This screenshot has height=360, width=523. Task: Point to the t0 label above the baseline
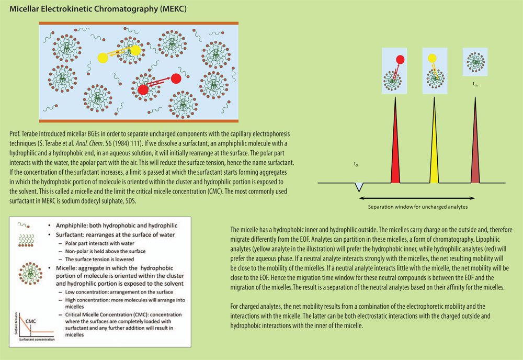[x=356, y=165]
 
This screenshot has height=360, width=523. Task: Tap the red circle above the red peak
[x=401, y=59]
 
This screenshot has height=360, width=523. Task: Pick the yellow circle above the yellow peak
[x=431, y=58]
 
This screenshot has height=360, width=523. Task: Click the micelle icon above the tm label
[x=475, y=62]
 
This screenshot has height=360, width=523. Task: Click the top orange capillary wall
[x=139, y=24]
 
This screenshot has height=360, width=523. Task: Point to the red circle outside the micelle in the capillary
[x=176, y=78]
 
